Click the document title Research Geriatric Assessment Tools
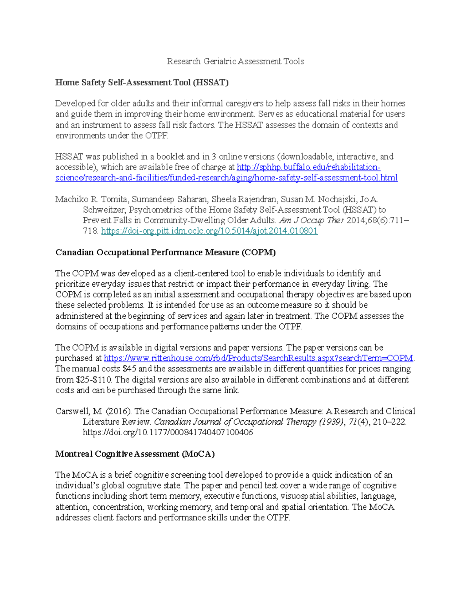pos(235,61)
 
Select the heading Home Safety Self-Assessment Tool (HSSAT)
pos(142,82)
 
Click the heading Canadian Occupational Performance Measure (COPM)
pos(165,252)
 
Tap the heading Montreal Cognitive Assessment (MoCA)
pos(135,454)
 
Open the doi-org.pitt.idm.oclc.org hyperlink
pos(209,231)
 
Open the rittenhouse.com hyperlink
pos(258,358)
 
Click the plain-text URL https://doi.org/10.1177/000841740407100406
pos(168,433)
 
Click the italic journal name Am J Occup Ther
pos(311,220)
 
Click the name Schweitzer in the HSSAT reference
pos(104,210)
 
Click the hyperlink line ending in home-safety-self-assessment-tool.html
pos(226,178)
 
